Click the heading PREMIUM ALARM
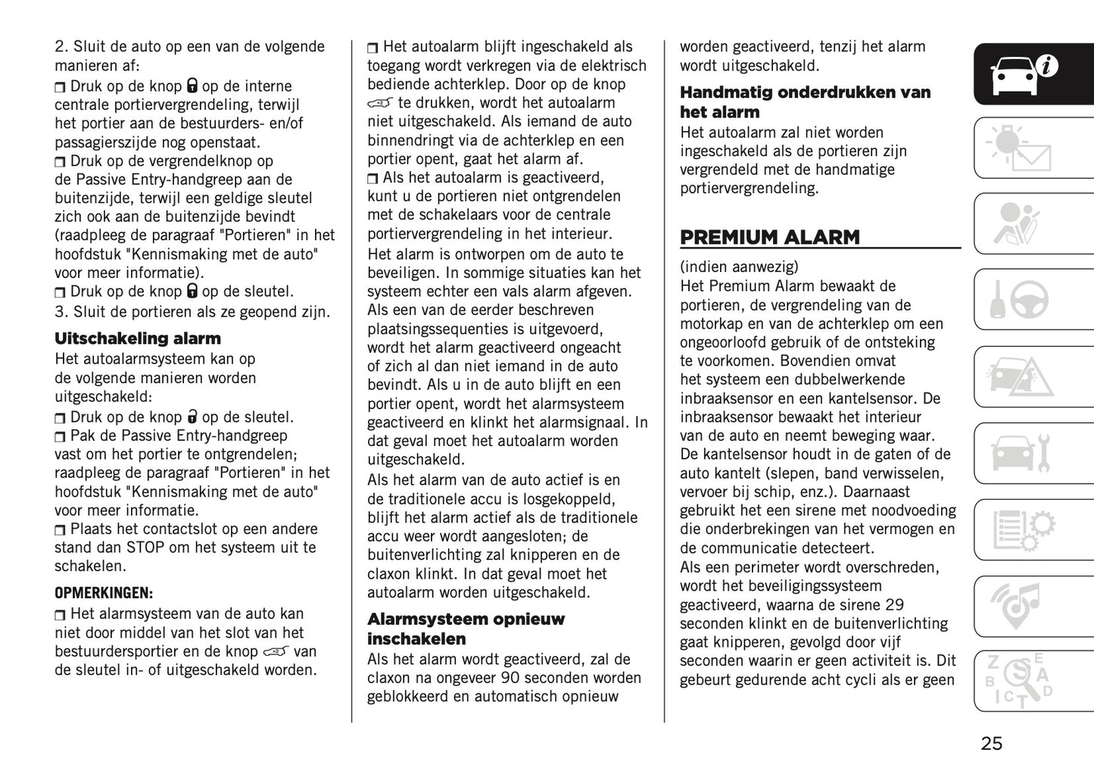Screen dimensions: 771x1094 [x=769, y=237]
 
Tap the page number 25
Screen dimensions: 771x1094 [x=991, y=743]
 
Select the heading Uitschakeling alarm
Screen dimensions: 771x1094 [x=138, y=339]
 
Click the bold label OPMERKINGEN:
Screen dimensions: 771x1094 [x=104, y=592]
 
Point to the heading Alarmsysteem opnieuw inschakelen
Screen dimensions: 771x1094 [x=466, y=629]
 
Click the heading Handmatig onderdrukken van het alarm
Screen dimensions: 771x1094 [x=805, y=102]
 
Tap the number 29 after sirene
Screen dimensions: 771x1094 [x=893, y=604]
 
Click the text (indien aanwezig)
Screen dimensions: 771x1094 [x=739, y=267]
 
